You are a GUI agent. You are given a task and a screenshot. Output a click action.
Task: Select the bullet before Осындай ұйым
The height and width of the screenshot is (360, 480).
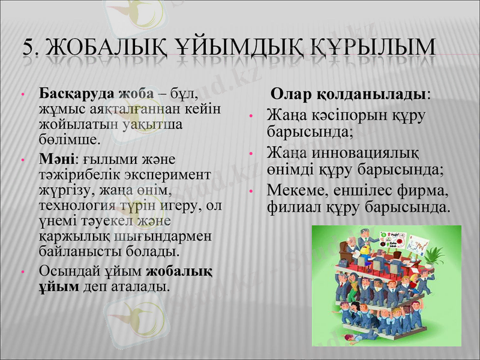[x=22, y=271]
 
